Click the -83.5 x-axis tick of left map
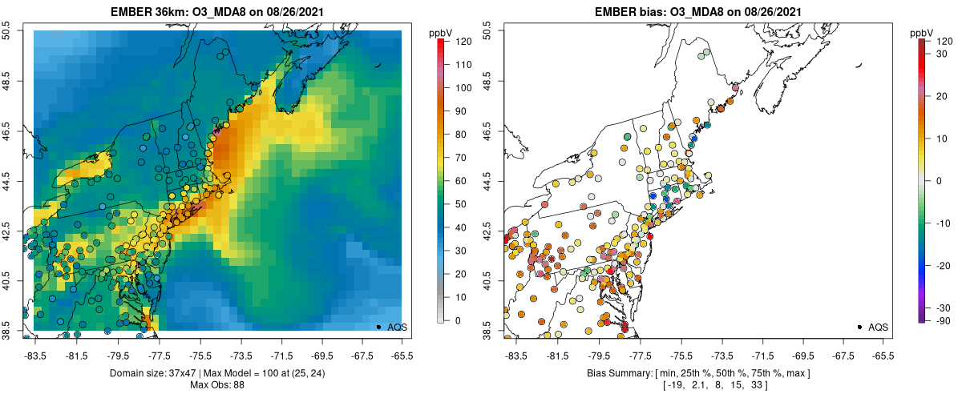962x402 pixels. [x=34, y=355]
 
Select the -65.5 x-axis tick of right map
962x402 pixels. [x=883, y=355]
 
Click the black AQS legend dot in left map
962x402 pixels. [x=378, y=327]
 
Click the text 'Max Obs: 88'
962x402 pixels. [x=217, y=385]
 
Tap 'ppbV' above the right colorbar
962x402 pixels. [x=923, y=32]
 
